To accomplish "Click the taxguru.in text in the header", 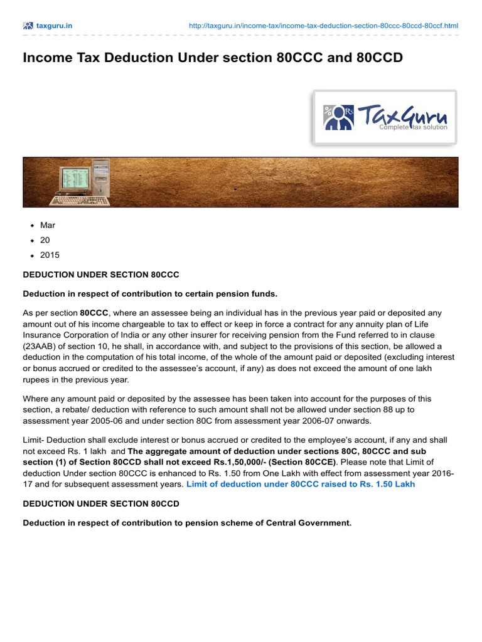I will click(55, 26).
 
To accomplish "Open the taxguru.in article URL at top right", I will click(323, 26).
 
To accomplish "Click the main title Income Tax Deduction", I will click(213, 58).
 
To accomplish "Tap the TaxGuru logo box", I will click(385, 117).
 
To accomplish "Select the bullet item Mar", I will click(48, 225).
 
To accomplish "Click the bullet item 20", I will click(45, 240).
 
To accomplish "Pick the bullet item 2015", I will click(50, 255).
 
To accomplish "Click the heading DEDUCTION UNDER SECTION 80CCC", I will click(101, 275).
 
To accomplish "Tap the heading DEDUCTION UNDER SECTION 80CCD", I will click(101, 503).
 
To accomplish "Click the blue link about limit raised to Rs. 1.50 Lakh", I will click(301, 484).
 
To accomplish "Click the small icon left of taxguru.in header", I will click(28, 26).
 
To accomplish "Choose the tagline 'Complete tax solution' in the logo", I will click(413, 127).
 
